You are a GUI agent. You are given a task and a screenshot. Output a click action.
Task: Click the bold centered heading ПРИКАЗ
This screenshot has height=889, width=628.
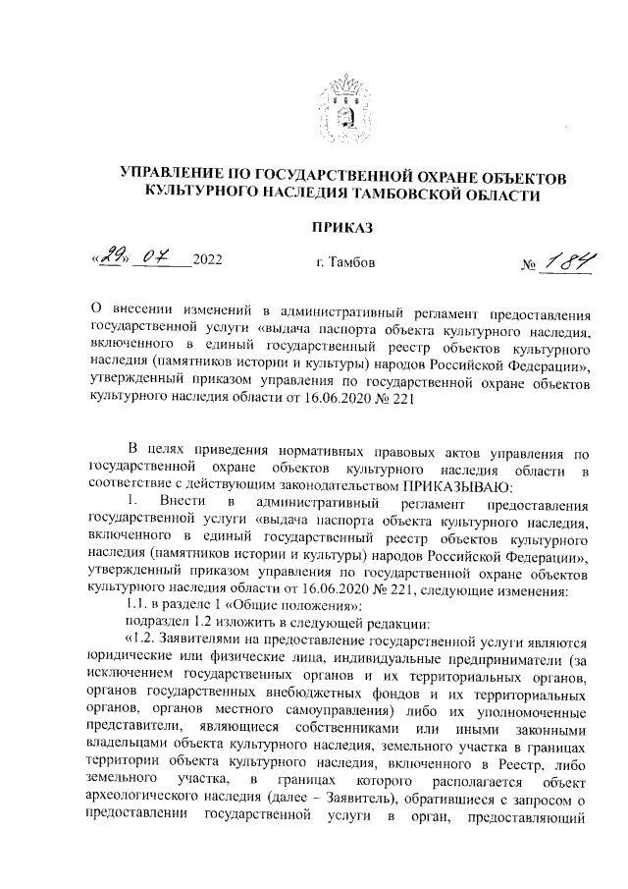[x=342, y=228]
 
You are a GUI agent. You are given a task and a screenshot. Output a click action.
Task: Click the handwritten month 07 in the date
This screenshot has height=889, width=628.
[x=154, y=258]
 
